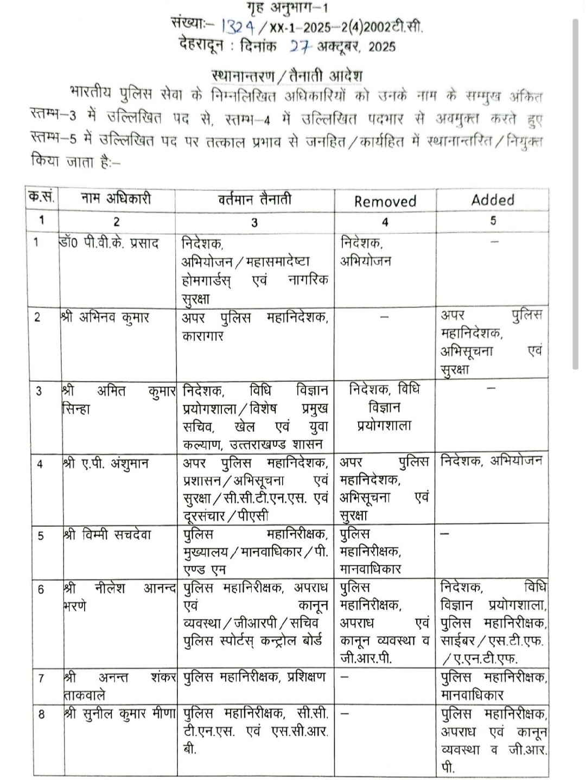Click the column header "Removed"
(385, 201)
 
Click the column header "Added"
(493, 200)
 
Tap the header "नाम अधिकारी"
(116, 199)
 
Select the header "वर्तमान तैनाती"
(254, 199)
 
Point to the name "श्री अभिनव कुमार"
(105, 317)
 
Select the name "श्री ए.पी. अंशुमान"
(106, 464)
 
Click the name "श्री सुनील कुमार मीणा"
(119, 714)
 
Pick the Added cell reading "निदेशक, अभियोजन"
(492, 461)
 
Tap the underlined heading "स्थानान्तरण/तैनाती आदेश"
(286, 75)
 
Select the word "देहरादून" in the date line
(201, 46)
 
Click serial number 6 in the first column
(41, 589)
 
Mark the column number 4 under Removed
(385, 221)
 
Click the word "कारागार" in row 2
(203, 336)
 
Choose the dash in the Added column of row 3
(492, 388)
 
